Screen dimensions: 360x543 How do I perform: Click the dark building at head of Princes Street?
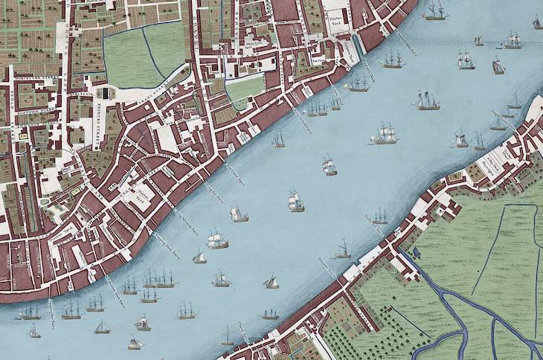pyautogui.click(x=105, y=92)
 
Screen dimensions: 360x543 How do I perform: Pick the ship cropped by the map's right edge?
pyautogui.click(x=537, y=22)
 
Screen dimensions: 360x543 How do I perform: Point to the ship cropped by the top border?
pyautogui.click(x=435, y=10)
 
